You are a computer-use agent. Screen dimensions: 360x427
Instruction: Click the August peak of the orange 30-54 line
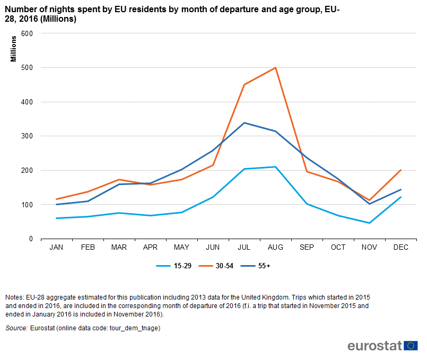[275, 67]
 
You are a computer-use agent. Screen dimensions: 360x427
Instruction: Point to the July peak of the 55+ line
[244, 123]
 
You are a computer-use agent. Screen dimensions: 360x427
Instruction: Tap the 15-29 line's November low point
[369, 223]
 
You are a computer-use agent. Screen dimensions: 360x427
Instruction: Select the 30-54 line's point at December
[400, 170]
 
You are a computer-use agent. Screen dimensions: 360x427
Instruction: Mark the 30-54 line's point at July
[244, 84]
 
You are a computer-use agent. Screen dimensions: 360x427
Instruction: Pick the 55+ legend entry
[256, 266]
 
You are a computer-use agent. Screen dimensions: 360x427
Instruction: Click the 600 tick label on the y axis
[27, 33]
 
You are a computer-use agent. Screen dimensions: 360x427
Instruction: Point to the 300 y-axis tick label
[27, 136]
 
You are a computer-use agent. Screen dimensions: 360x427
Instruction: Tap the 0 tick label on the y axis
[31, 239]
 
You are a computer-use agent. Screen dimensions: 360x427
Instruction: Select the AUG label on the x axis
[275, 248]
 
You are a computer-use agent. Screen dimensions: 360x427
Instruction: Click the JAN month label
[56, 248]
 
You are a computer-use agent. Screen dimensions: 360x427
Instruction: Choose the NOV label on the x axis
[369, 248]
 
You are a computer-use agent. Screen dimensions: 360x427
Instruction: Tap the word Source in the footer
[16, 328]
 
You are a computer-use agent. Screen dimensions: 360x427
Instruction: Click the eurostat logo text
[374, 346]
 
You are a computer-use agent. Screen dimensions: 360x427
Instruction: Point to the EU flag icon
[411, 346]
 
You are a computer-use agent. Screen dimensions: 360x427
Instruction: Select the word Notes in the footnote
[14, 297]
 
